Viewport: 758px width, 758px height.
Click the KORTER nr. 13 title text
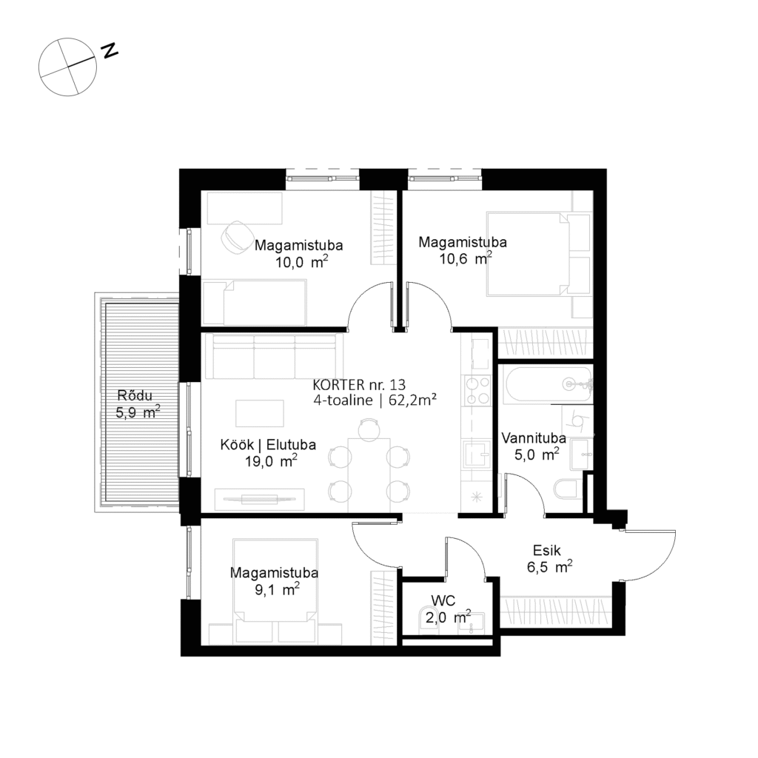pos(360,385)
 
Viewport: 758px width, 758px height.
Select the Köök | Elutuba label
pos(268,452)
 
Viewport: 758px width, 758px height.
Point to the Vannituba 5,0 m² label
pos(533,446)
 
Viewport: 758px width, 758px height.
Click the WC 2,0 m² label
pos(445,608)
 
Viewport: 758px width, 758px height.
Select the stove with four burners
pos(476,390)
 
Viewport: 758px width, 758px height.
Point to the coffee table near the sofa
pos(259,412)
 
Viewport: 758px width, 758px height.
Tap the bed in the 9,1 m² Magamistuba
pos(276,585)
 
